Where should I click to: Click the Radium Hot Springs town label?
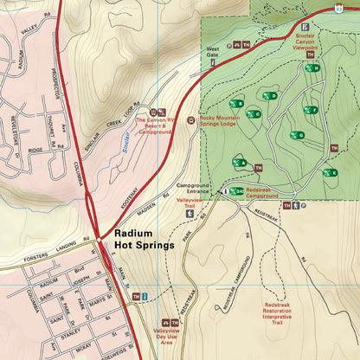pos(145,239)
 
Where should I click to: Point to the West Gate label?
pos(212,51)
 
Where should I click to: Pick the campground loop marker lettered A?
pos(239,162)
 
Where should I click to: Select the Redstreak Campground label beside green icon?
pos(267,192)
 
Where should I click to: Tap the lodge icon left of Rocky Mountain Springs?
pos(191,120)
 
